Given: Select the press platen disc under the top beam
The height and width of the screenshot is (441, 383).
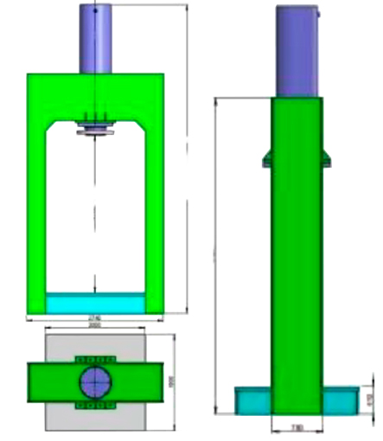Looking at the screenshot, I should [94, 131].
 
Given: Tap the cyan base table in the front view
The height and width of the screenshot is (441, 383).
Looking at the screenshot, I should [95, 304].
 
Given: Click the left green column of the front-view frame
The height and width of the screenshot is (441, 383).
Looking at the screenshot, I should [37, 216].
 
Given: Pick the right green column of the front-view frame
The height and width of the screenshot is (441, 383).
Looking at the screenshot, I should [154, 216].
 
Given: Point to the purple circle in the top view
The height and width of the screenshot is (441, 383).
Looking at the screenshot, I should [95, 380].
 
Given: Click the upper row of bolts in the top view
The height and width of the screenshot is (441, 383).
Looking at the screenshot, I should [95, 359].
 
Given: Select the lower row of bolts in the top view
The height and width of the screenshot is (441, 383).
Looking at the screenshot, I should [95, 404].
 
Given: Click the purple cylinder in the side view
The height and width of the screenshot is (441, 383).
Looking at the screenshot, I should [297, 50].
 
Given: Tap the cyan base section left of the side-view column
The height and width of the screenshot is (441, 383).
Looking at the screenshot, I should [253, 400].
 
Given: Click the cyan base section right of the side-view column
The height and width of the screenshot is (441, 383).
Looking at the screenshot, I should [341, 400].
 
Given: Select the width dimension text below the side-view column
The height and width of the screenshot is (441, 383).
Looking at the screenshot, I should [297, 427].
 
